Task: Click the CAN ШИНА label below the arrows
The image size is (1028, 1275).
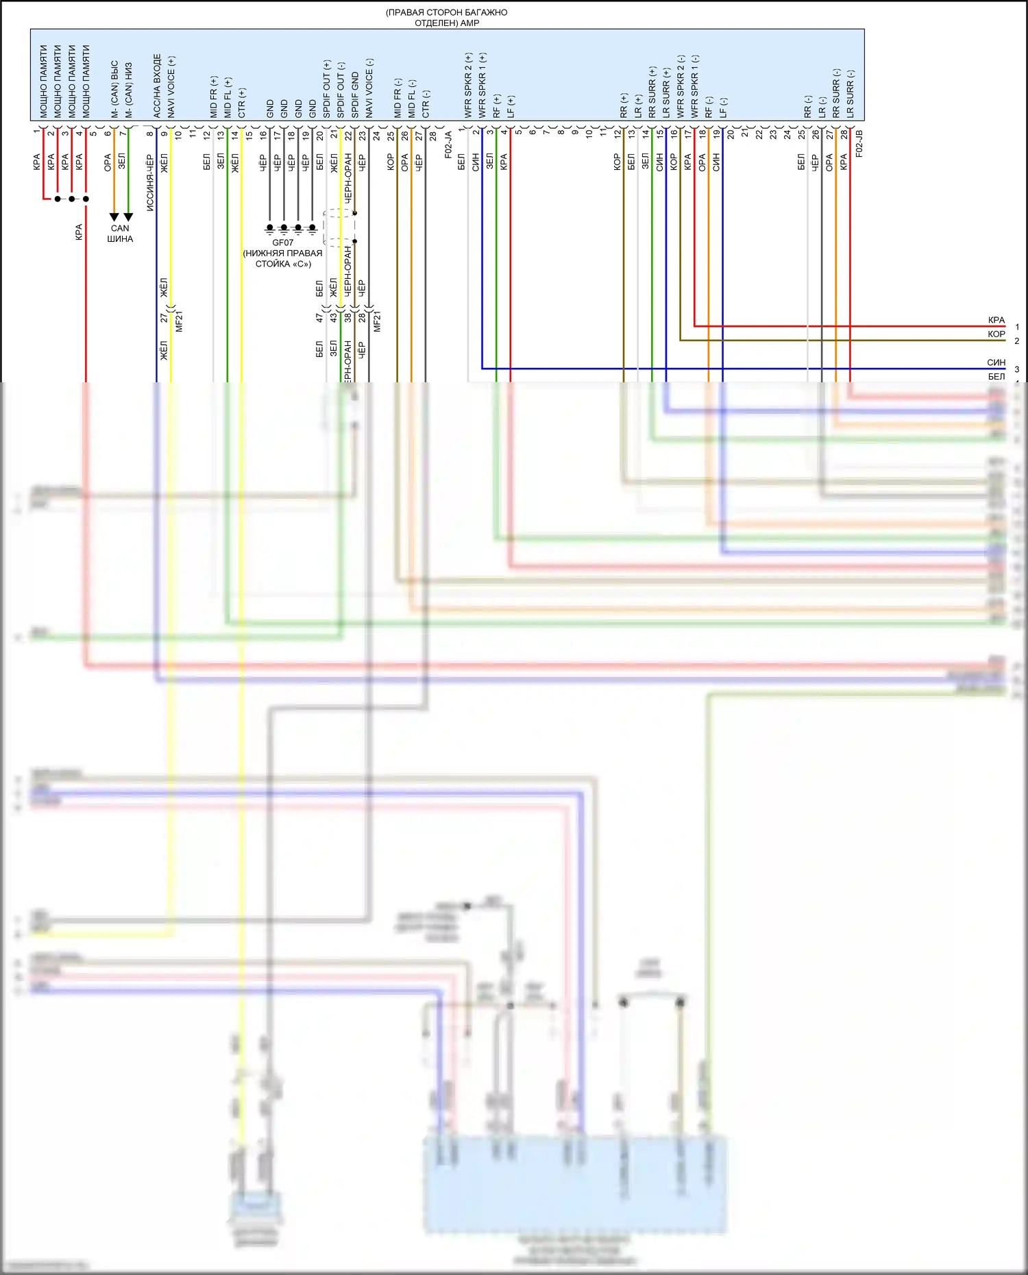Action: point(120,234)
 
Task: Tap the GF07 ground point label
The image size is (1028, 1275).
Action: point(282,243)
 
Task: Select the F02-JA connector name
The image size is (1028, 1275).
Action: point(448,145)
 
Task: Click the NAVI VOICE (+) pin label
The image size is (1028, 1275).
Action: point(171,87)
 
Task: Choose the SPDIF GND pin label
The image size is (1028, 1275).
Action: point(355,95)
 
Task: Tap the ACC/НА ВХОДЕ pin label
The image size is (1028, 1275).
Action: point(157,86)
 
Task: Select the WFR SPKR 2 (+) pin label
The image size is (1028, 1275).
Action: point(469,86)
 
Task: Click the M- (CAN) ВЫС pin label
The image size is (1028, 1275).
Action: point(114,89)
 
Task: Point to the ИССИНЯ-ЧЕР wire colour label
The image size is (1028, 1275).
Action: point(149,182)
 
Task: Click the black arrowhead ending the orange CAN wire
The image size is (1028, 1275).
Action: point(114,217)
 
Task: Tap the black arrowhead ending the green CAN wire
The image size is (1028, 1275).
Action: point(128,217)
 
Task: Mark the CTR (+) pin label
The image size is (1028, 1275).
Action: point(242,103)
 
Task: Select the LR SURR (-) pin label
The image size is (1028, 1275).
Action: point(850,94)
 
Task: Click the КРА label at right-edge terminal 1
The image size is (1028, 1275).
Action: point(996,320)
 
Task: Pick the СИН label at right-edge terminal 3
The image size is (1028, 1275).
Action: point(996,362)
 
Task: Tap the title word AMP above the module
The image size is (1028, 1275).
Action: point(470,23)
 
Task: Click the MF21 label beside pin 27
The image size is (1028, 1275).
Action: point(179,321)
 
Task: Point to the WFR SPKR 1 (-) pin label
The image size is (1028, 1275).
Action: point(695,86)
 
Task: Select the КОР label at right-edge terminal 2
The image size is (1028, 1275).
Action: point(996,334)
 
